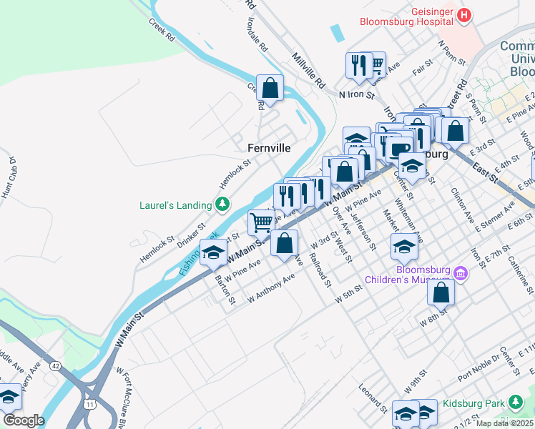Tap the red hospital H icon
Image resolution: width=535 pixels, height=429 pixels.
[x=465, y=14]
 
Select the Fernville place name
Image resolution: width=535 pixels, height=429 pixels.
[x=269, y=148]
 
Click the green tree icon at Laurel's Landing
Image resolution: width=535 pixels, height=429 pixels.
[x=222, y=205]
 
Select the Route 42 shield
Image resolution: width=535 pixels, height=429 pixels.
[x=56, y=365]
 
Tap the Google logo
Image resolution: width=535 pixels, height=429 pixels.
[x=23, y=420]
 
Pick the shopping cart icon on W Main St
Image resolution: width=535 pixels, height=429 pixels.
[x=261, y=222]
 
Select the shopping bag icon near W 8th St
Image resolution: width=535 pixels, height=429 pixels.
[x=441, y=292]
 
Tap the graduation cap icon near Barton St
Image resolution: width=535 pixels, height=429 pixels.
[x=213, y=252]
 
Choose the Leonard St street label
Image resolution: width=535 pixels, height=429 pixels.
[x=373, y=401]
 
